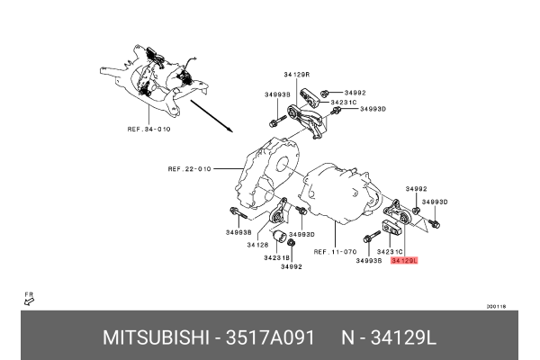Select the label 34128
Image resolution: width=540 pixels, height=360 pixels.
(258, 245)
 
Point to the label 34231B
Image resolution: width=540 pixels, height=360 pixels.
(277, 256)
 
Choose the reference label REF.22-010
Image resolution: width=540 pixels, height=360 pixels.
(190, 168)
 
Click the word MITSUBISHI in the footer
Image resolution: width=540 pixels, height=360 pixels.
(154, 338)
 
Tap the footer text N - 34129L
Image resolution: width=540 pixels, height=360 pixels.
(388, 338)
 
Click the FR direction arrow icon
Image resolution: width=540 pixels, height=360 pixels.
(29, 300)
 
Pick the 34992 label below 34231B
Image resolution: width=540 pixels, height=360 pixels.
(290, 267)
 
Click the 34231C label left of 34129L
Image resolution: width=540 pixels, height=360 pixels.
(390, 251)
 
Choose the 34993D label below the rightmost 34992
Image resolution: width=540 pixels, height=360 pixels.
(435, 202)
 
